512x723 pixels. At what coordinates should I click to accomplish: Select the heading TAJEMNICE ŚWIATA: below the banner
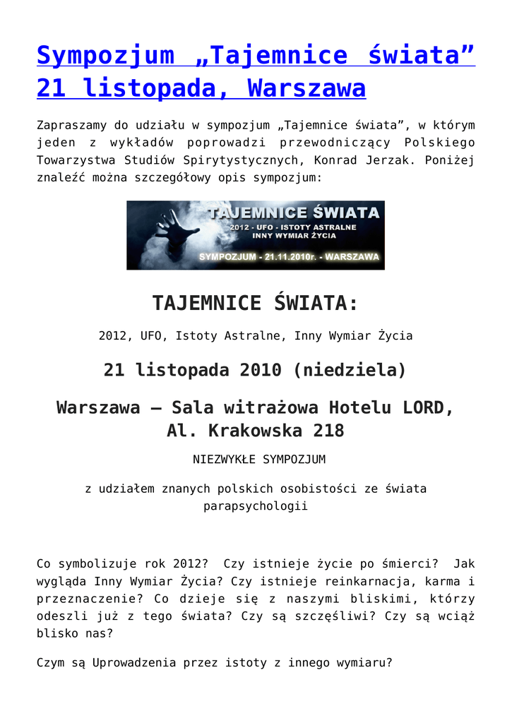point(256,303)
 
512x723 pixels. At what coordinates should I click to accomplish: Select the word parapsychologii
point(256,506)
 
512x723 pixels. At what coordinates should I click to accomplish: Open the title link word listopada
point(160,88)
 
